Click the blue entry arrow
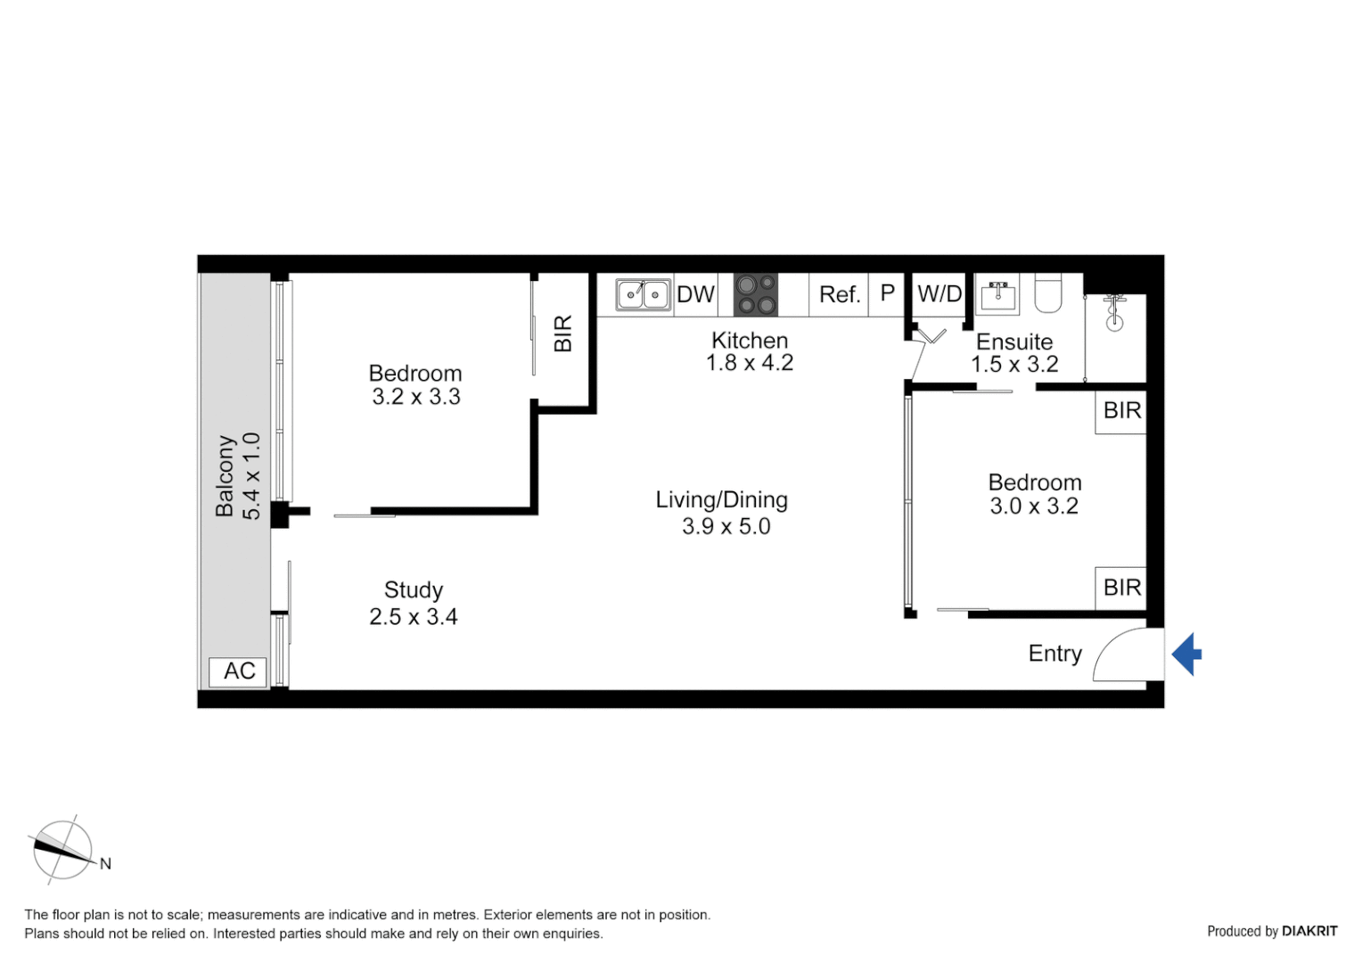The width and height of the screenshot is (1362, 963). [1186, 654]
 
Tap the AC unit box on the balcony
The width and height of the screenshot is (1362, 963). [238, 671]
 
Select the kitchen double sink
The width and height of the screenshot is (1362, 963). [643, 294]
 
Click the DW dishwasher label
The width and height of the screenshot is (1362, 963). [695, 294]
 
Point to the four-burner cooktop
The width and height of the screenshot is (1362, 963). [755, 295]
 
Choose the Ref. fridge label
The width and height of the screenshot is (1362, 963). [839, 294]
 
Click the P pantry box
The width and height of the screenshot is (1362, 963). [887, 293]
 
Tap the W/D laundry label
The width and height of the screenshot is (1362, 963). [939, 293]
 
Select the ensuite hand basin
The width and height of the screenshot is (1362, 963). [997, 295]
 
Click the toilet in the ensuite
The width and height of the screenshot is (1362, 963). [1047, 293]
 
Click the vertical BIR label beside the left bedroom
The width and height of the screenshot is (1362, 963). [562, 333]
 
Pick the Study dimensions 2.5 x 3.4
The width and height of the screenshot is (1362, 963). [414, 617]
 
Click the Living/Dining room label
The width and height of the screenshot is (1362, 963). [721, 499]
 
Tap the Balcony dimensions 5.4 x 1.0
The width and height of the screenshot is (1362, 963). [251, 476]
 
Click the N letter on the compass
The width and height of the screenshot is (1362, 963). [105, 863]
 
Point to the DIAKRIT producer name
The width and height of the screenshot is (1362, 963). [1309, 931]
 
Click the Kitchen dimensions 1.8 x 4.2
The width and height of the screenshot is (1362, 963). [749, 363]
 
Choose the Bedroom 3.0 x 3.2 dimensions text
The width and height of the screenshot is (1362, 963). [1034, 506]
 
